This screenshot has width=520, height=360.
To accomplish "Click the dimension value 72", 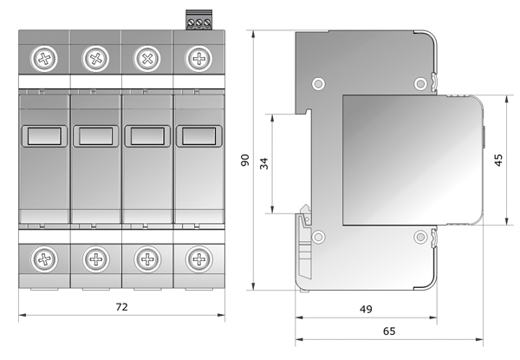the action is (121, 307).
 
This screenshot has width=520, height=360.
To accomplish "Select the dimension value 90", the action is (245, 160).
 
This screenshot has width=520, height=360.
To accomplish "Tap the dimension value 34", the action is (264, 164).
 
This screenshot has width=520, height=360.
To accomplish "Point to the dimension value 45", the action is (498, 160).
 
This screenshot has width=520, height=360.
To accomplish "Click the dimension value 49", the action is (366, 309).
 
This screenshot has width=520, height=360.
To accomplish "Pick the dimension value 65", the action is (389, 331).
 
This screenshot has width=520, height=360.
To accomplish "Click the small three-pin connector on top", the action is (199, 20).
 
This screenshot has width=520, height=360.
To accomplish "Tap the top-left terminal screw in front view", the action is (44, 59).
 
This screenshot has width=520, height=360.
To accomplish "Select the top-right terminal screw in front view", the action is (198, 59).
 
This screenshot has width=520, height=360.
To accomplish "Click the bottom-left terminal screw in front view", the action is (44, 259).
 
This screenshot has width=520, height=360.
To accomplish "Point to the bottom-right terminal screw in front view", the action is (198, 259).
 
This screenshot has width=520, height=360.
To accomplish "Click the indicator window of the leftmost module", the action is (44, 136).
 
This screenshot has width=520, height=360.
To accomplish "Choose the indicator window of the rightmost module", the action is (198, 136).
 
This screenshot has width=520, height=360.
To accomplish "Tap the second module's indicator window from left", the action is (96, 136).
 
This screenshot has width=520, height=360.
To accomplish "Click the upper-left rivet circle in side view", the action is (318, 83).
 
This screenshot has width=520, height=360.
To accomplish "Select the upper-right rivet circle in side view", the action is (420, 83).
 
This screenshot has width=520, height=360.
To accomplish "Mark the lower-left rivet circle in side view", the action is (318, 237).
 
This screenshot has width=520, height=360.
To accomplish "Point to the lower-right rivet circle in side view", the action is (420, 237).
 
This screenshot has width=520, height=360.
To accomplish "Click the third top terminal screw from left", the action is (147, 59).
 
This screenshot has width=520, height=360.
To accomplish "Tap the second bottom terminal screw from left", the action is (96, 259).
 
